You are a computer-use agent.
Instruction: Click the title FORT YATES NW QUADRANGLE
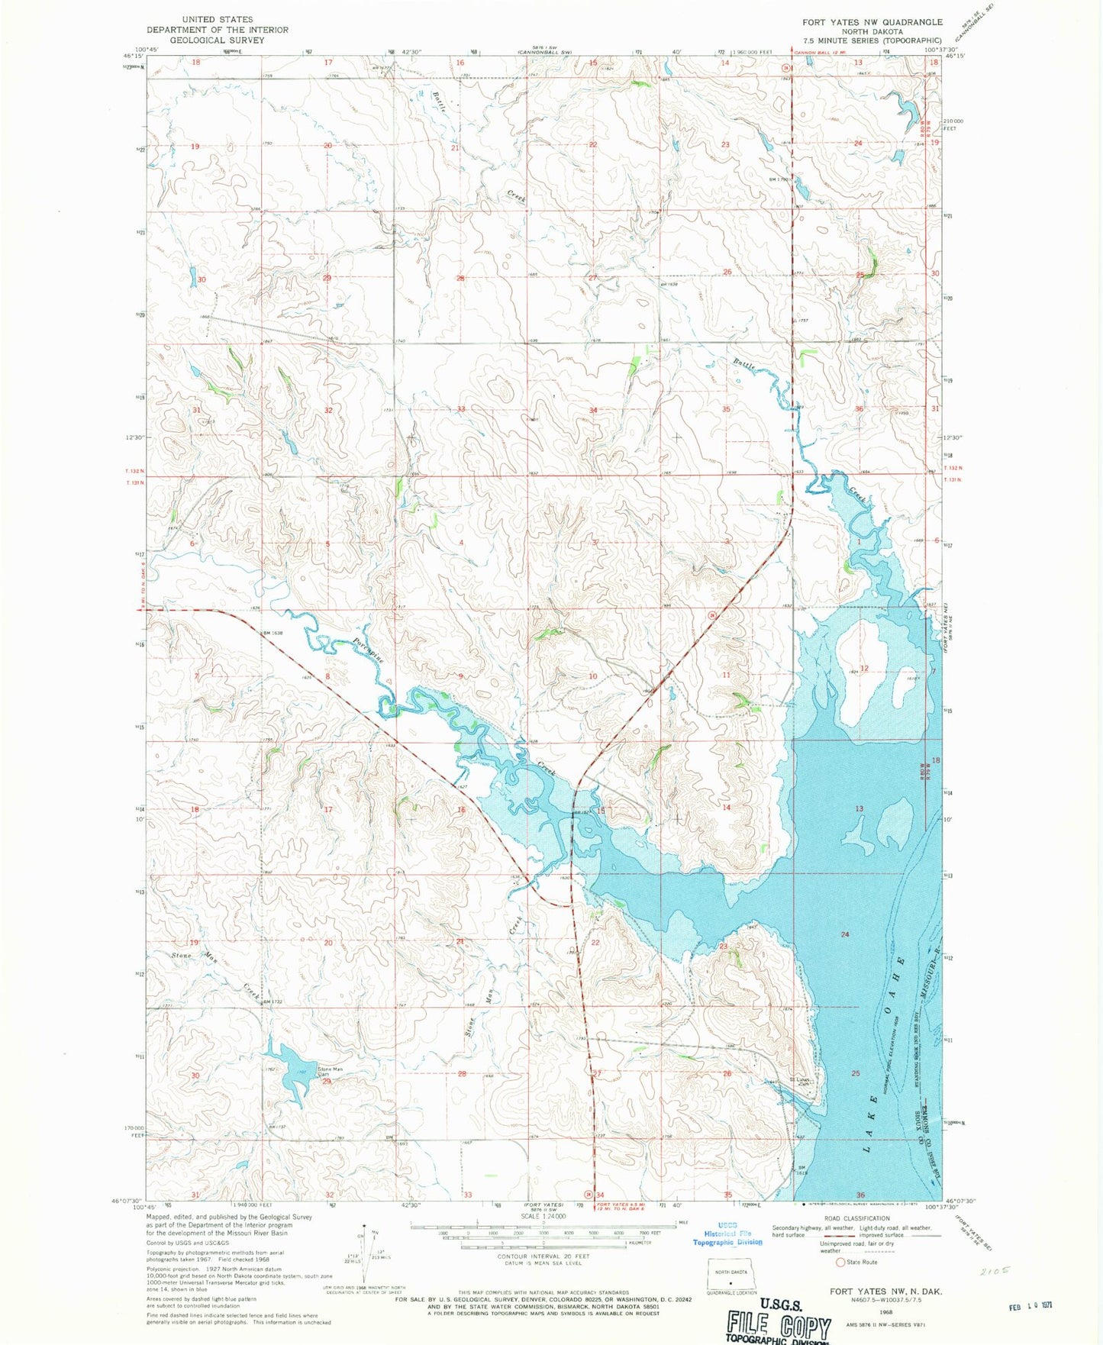click(872, 22)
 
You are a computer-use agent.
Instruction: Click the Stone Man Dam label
click(331, 1072)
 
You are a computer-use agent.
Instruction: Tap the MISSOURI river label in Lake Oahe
click(932, 977)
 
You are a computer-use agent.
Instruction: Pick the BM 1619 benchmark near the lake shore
click(801, 1170)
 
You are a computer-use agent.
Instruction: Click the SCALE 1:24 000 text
click(543, 1216)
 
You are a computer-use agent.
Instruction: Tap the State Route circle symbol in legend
click(840, 1263)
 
